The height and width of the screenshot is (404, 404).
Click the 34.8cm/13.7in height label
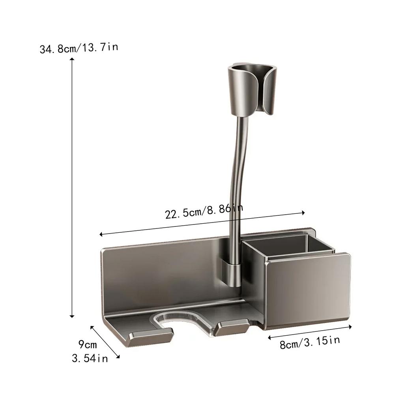(79, 49)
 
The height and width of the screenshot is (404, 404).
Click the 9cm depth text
(87, 344)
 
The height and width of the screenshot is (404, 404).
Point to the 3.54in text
(90, 359)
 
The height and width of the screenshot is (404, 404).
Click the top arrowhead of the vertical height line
(72, 59)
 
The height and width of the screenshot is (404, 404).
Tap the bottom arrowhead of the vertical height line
(72, 316)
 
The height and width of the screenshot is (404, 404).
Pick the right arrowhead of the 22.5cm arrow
(303, 213)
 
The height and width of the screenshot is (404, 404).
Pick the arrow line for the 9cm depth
(105, 341)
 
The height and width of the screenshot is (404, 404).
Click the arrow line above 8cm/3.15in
(310, 332)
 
